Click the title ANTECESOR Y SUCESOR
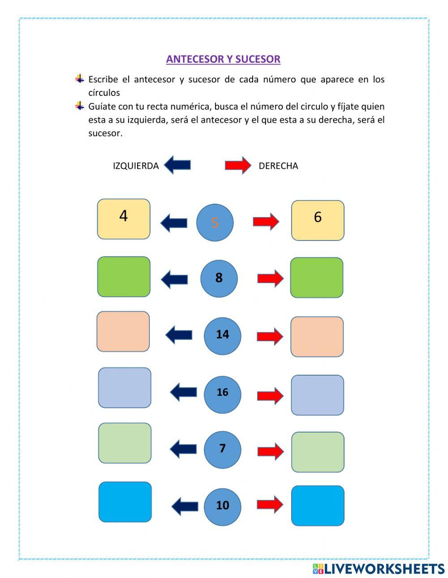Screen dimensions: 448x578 click(x=223, y=59)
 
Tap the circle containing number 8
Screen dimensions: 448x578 click(x=219, y=278)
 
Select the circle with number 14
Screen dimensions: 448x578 click(x=222, y=335)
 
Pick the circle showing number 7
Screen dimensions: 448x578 click(x=222, y=450)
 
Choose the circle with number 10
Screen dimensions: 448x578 click(x=222, y=506)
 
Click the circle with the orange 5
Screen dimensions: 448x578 click(x=215, y=223)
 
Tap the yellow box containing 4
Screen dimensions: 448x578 click(x=124, y=219)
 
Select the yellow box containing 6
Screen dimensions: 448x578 click(x=318, y=220)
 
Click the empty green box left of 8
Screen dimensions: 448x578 click(x=124, y=277)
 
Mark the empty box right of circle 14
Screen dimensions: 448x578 click(x=317, y=337)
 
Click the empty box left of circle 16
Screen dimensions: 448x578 click(x=125, y=388)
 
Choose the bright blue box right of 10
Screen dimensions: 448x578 click(x=318, y=505)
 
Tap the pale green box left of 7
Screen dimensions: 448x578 click(x=125, y=443)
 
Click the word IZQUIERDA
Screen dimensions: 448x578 click(x=136, y=166)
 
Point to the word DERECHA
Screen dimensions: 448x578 click(x=278, y=166)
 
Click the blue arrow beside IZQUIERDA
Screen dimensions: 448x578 click(x=177, y=165)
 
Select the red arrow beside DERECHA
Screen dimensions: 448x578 click(x=238, y=165)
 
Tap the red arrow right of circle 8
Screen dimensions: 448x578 click(x=270, y=278)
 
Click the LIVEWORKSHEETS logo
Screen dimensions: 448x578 click(x=378, y=569)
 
